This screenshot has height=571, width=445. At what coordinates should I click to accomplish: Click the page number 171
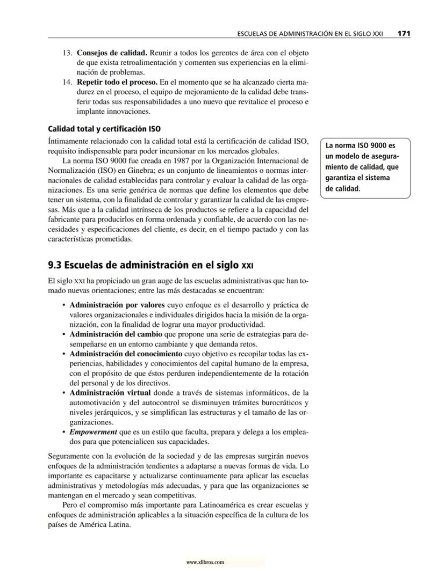pos(404,33)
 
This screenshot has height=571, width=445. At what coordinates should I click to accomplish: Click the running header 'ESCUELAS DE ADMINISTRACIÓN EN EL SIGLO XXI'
pos(310,34)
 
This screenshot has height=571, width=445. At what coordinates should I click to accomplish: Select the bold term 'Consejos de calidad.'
pos(112,53)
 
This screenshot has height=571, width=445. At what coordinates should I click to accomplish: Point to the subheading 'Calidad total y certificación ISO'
pos(104,129)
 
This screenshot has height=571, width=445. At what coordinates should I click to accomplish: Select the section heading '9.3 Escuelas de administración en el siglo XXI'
pos(150,265)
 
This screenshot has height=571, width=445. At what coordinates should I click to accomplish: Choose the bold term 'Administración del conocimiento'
pos(126,354)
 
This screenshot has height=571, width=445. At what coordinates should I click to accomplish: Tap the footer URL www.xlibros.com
pos(205,562)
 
